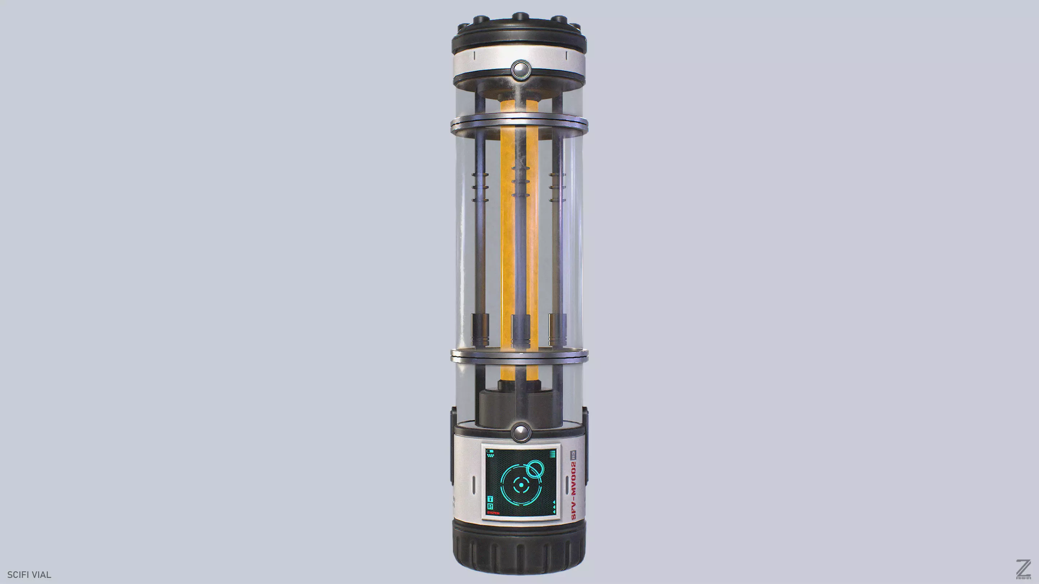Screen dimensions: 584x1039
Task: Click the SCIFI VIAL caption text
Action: pyautogui.click(x=29, y=575)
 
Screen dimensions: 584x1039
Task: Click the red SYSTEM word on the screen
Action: pyautogui.click(x=493, y=513)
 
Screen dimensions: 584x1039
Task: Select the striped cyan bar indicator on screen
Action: pyautogui.click(x=553, y=454)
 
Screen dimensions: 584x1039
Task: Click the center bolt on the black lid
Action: pyautogui.click(x=520, y=17)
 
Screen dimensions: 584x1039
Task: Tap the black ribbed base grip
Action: pyautogui.click(x=519, y=550)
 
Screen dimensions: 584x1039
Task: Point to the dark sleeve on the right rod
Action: pyautogui.click(x=557, y=329)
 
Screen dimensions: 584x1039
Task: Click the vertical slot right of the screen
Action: pyautogui.click(x=567, y=485)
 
